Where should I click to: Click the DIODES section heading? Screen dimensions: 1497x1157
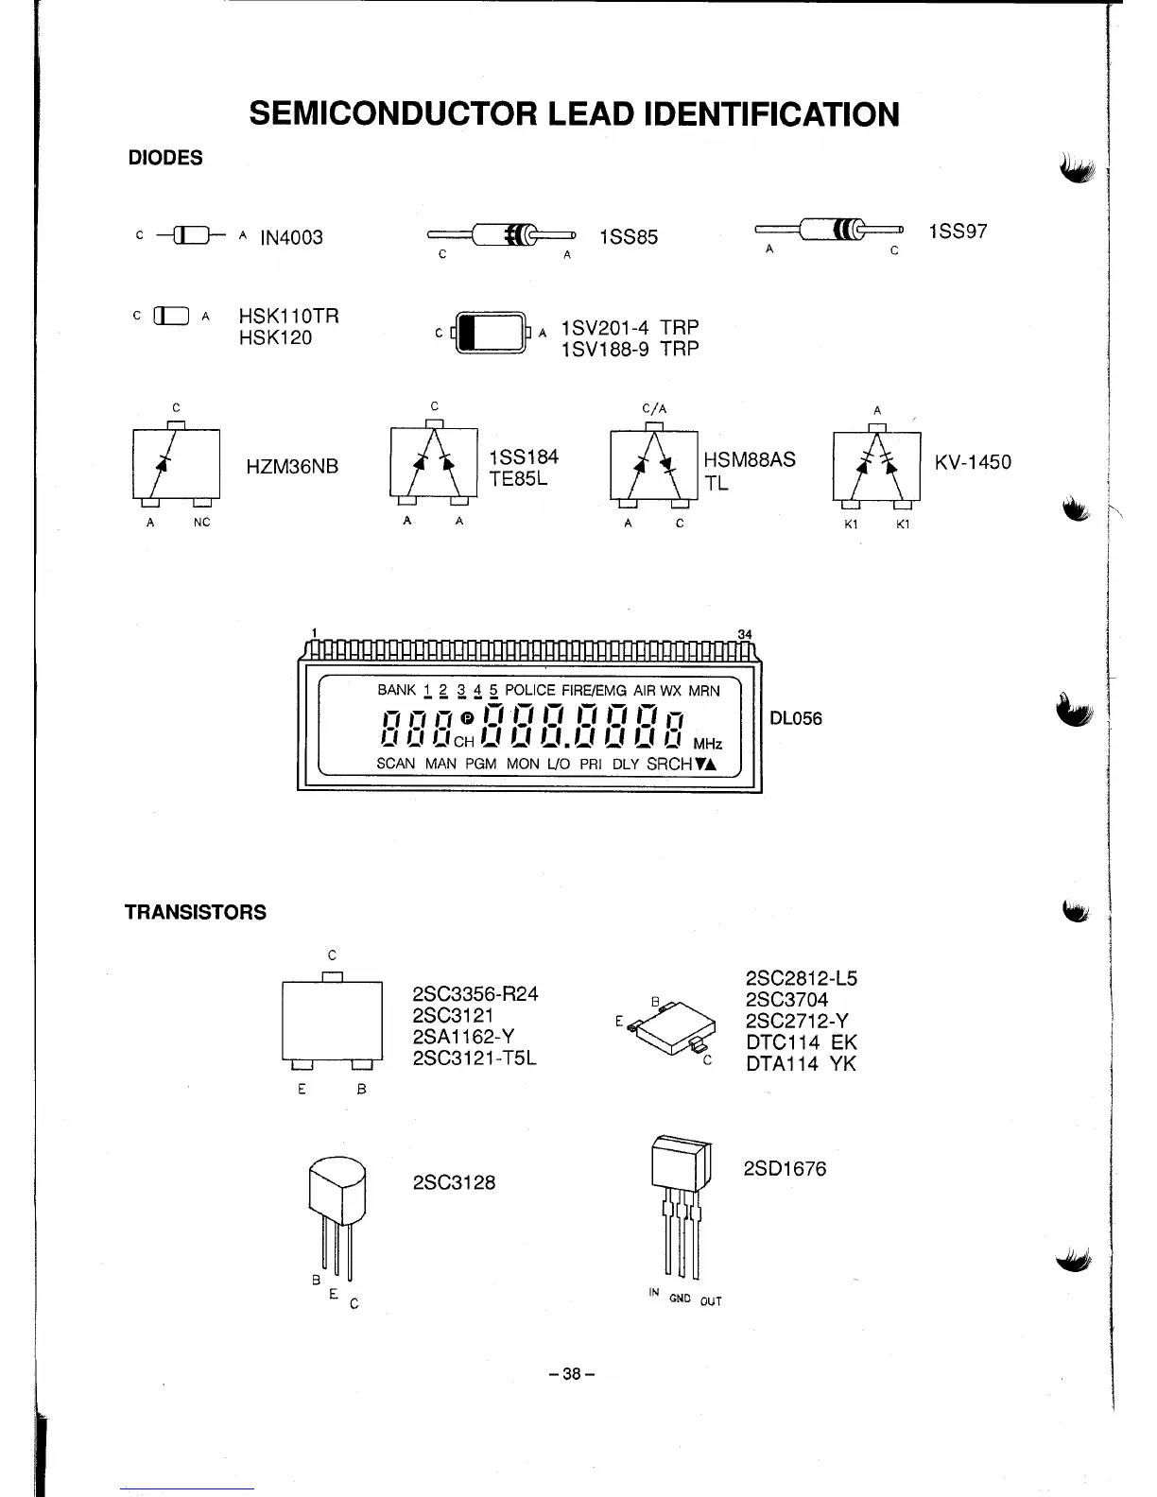click(165, 158)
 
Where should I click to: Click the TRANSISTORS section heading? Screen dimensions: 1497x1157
click(196, 912)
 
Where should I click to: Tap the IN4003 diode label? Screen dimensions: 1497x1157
click(291, 237)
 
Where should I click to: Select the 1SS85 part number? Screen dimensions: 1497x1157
click(629, 237)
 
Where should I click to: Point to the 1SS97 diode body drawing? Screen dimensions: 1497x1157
click(833, 230)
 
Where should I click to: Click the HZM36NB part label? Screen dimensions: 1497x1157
click(292, 467)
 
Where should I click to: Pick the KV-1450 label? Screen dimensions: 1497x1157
click(973, 462)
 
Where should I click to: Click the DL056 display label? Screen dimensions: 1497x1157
click(796, 718)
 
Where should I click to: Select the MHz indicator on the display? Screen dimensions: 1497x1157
click(708, 744)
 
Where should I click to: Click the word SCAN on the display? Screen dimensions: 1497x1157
click(395, 764)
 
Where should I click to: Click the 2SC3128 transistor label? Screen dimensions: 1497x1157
click(454, 1183)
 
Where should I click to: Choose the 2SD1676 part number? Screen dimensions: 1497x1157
click(785, 1169)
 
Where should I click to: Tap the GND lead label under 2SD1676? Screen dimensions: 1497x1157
click(680, 1299)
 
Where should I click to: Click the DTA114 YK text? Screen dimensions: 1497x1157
click(801, 1064)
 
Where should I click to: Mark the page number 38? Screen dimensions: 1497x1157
click(571, 1374)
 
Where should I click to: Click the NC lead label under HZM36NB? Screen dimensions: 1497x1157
click(201, 523)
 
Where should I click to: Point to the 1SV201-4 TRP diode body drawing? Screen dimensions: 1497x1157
click(490, 333)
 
